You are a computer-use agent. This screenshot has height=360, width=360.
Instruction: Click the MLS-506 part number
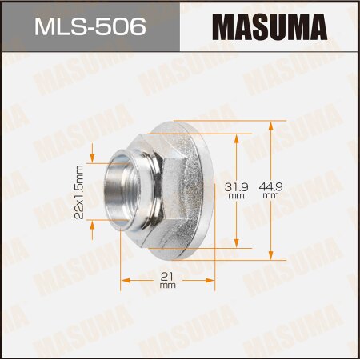click(90, 29)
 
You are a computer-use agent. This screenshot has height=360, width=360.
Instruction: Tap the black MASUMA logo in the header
click(270, 30)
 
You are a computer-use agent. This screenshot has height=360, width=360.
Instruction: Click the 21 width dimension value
click(167, 276)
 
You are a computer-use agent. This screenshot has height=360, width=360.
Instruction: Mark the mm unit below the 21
click(167, 285)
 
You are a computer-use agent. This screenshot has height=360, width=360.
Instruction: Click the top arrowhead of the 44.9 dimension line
click(272, 124)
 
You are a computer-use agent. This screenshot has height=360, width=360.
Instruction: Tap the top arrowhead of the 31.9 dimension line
click(237, 137)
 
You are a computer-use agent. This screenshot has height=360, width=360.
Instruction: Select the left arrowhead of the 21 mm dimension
click(124, 280)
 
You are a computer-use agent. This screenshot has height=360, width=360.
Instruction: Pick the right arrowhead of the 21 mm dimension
click(214, 280)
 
